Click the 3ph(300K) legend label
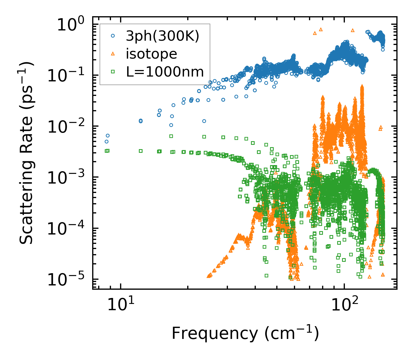click(x=162, y=36)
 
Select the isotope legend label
click(x=151, y=54)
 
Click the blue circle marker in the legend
click(x=113, y=36)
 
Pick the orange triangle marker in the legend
click(x=113, y=54)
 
